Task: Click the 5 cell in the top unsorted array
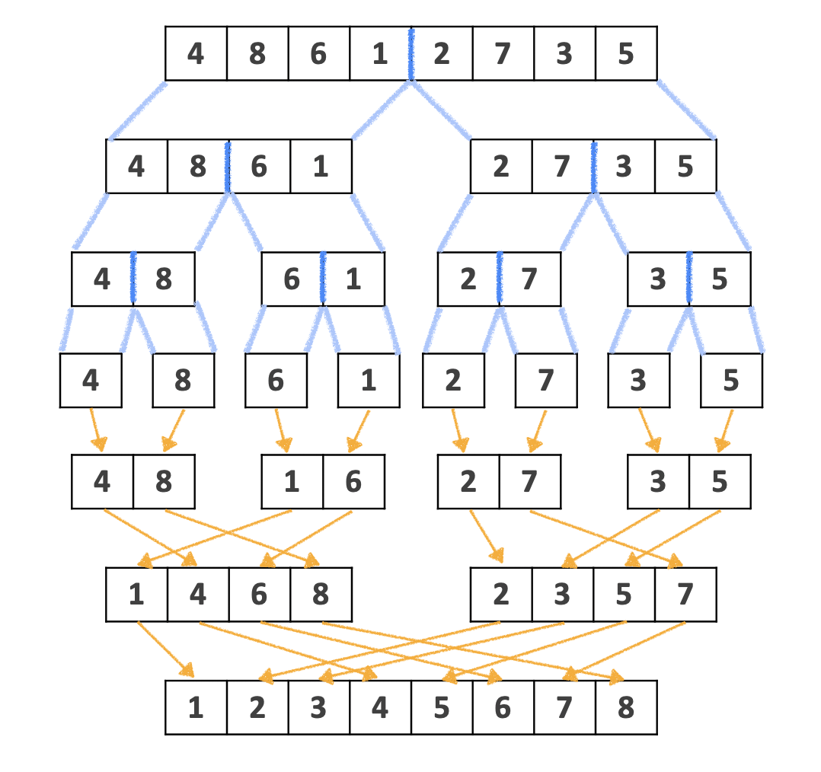point(625,53)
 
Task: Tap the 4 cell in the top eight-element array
point(196,53)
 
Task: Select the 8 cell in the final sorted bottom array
point(625,707)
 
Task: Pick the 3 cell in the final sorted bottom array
point(318,707)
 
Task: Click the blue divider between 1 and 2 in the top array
point(411,53)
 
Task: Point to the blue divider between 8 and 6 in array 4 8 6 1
point(228,167)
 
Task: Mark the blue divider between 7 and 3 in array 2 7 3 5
point(593,167)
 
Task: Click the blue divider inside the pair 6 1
point(323,279)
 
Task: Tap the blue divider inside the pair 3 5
point(689,279)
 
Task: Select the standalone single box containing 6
point(276,380)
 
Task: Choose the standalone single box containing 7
point(545,380)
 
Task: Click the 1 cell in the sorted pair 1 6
point(292,481)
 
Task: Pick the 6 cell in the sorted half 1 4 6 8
point(259,594)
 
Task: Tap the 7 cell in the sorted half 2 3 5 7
point(685,594)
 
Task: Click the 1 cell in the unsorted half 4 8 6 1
point(321,167)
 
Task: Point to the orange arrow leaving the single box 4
point(95,430)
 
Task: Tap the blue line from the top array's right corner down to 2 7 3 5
point(685,109)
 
